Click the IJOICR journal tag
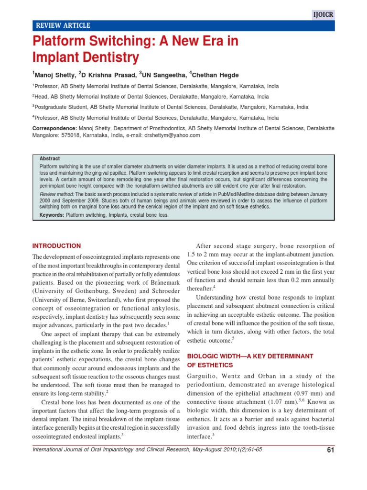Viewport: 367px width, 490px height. pyautogui.click(x=324, y=15)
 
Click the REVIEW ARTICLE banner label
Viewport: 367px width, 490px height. pyautogui.click(x=61, y=26)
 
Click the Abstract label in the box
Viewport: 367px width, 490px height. pyautogui.click(x=50, y=159)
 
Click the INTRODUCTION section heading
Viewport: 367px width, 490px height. pyautogui.click(x=56, y=246)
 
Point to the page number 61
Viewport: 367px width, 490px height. pyautogui.click(x=330, y=450)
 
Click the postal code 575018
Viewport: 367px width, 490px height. pyautogui.click(x=71, y=135)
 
